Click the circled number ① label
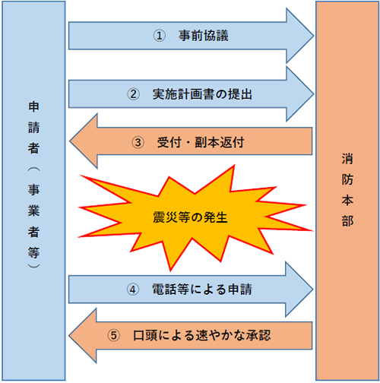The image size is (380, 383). click(x=160, y=36)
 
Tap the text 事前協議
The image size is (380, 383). click(x=204, y=36)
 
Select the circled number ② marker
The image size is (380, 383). click(x=133, y=94)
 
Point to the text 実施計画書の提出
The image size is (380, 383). click(x=202, y=94)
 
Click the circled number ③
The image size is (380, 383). click(x=138, y=142)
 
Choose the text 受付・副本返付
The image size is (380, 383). click(x=201, y=142)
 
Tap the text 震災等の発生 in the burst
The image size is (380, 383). click(x=190, y=217)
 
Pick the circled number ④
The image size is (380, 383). click(x=133, y=290)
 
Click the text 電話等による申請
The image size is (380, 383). click(x=202, y=290)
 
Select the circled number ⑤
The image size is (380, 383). click(x=113, y=336)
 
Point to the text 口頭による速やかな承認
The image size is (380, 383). click(x=202, y=335)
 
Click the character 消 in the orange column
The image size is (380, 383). click(x=347, y=159)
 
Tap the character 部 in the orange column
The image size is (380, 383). click(x=347, y=221)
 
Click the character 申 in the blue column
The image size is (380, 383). click(x=33, y=106)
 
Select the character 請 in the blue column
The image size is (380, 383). click(x=33, y=128)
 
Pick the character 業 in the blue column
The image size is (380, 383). click(x=33, y=210)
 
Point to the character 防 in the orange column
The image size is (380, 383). click(x=347, y=179)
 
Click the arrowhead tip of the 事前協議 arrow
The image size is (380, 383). click(x=314, y=36)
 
